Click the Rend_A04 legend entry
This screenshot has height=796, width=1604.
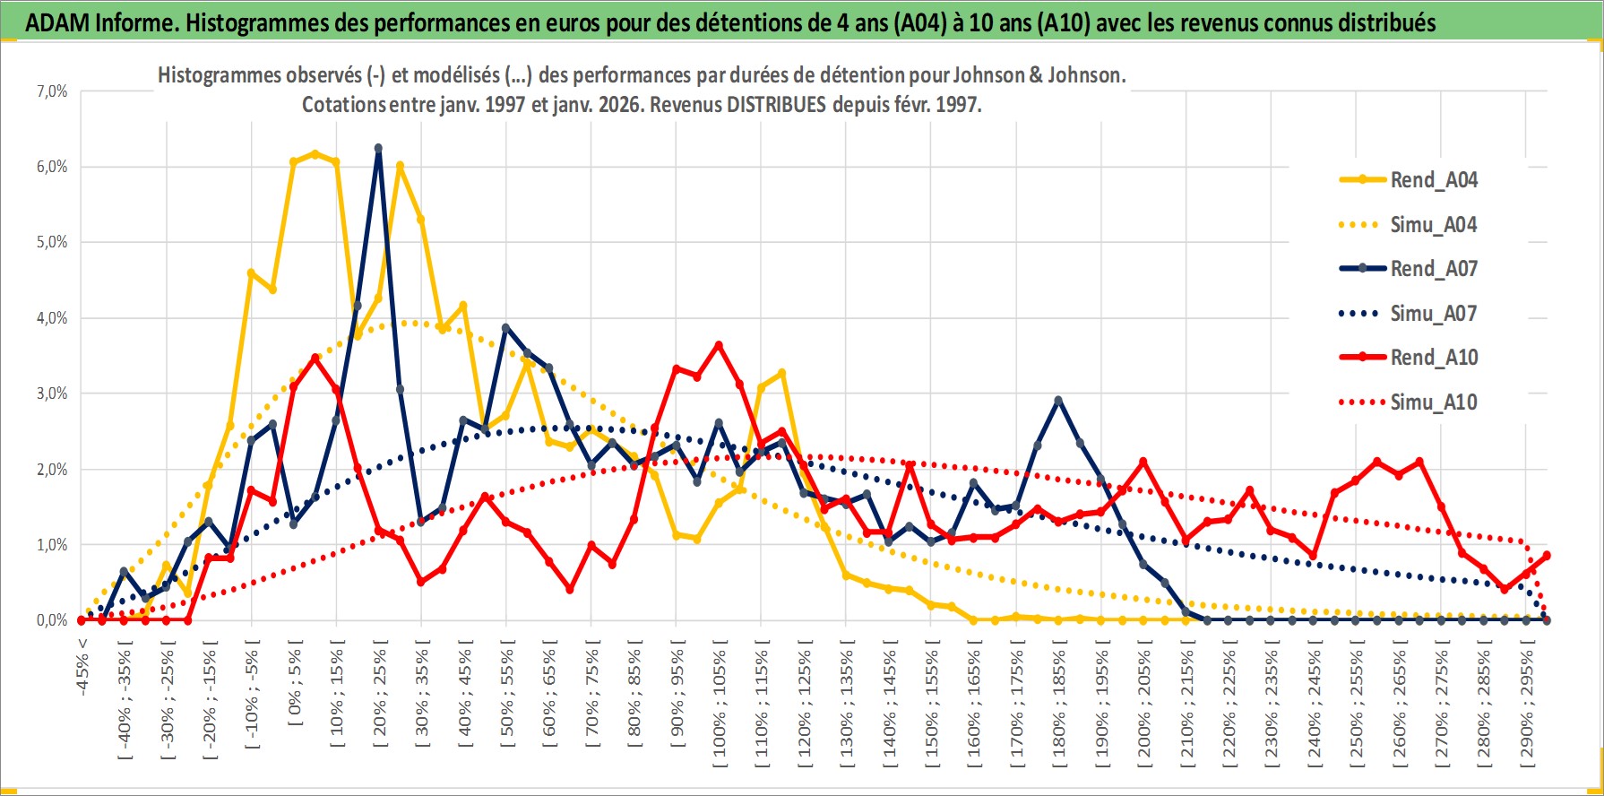click(x=1433, y=180)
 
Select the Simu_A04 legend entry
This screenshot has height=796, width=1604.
click(x=1433, y=225)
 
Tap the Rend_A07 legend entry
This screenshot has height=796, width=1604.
click(x=1433, y=269)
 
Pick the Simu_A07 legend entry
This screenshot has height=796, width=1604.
click(x=1433, y=314)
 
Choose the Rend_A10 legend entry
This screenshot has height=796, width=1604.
click(x=1433, y=358)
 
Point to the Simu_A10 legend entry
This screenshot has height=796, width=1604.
click(x=1433, y=402)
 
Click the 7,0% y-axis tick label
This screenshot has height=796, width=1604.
click(x=52, y=91)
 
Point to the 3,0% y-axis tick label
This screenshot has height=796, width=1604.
click(x=52, y=394)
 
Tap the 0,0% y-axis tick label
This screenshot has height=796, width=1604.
click(x=52, y=620)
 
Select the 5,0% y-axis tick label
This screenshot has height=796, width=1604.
click(x=52, y=242)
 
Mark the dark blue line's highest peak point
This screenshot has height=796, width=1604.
click(x=378, y=148)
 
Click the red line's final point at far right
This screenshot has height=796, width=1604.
click(x=1547, y=556)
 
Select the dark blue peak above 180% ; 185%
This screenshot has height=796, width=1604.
click(x=1058, y=401)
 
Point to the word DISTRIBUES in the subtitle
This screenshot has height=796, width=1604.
click(x=776, y=105)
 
